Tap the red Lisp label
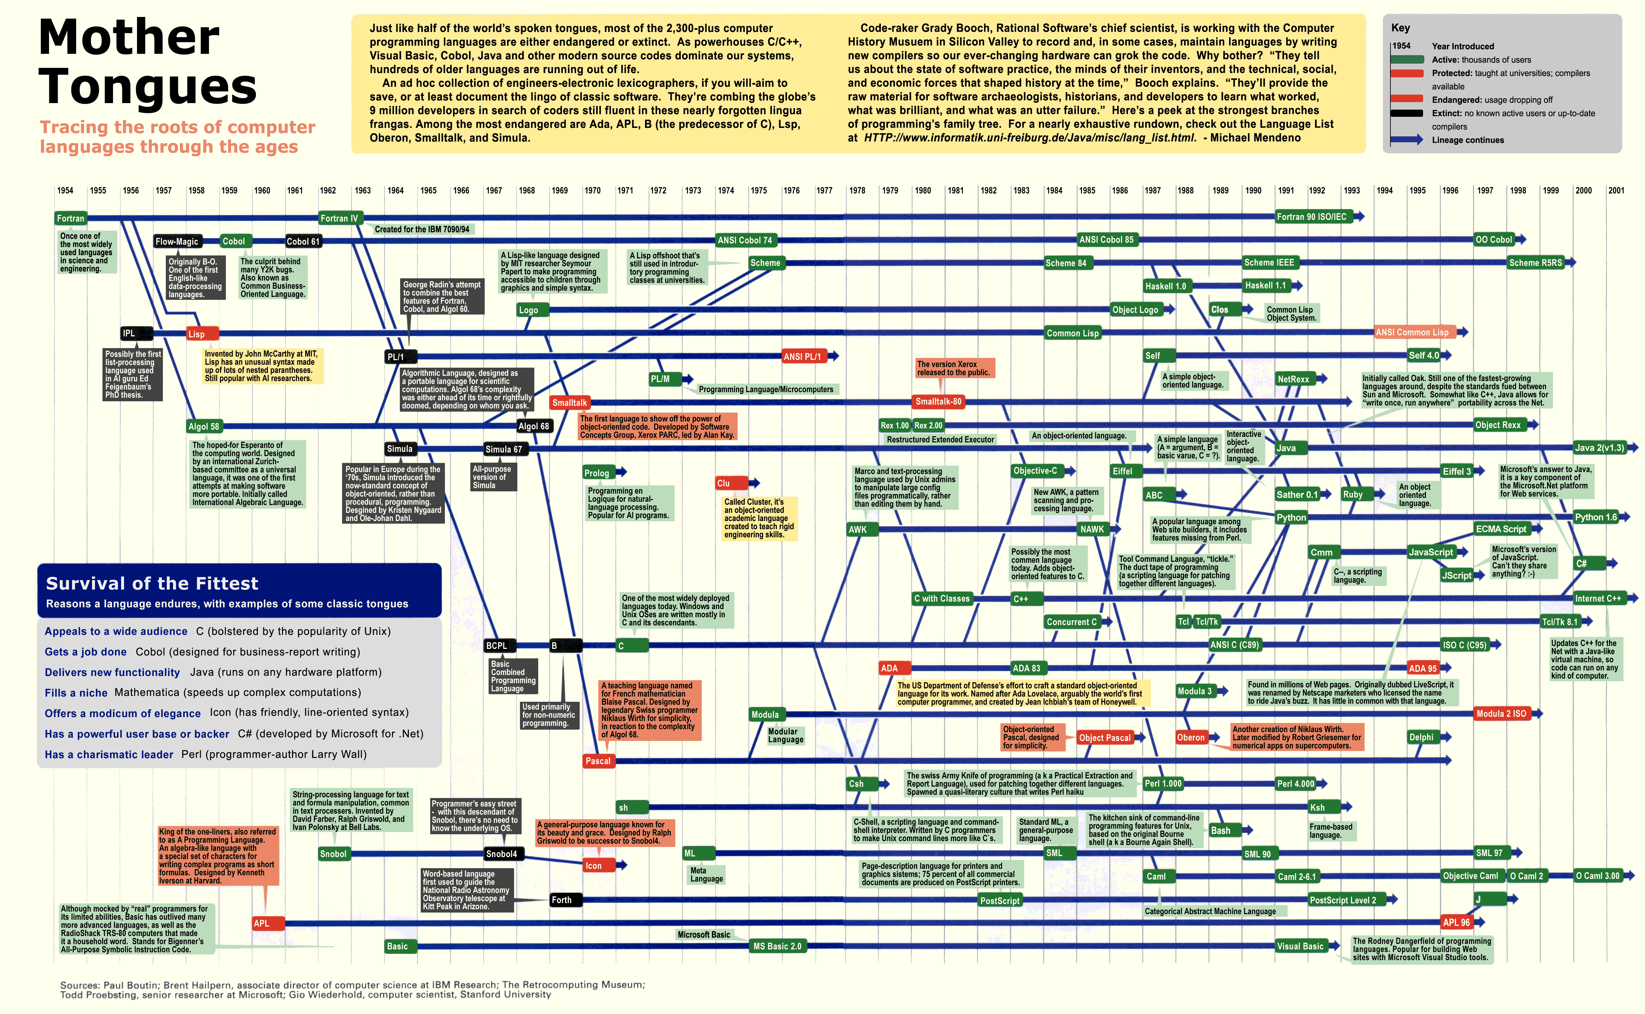[201, 333]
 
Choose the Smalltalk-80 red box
[939, 402]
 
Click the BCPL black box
[497, 646]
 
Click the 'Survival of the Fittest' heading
[152, 583]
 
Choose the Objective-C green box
[1035, 471]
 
